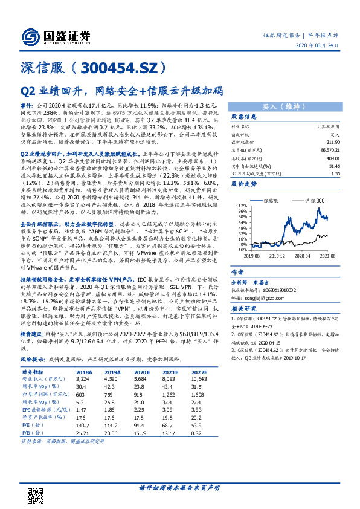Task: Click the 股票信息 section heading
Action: pos(245,117)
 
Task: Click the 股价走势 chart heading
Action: pos(245,182)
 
